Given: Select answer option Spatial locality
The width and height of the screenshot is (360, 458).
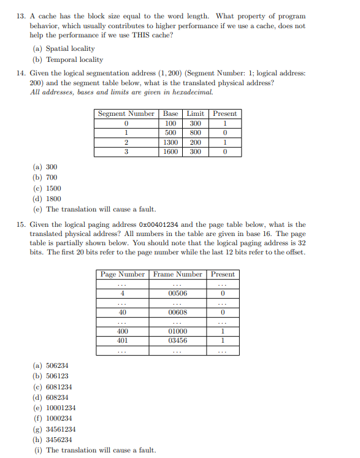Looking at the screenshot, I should click(x=71, y=48).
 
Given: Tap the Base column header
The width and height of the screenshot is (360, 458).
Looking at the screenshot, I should click(x=171, y=113).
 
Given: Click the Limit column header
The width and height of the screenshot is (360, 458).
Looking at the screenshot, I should click(x=195, y=113).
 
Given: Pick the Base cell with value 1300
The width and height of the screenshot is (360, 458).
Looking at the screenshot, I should click(x=170, y=142).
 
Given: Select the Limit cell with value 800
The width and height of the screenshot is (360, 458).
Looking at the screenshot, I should click(x=195, y=132).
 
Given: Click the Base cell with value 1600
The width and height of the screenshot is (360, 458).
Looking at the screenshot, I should click(x=170, y=151).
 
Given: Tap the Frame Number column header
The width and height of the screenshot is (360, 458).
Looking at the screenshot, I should click(x=178, y=274).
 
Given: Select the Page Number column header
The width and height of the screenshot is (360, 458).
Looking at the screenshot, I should click(x=123, y=274).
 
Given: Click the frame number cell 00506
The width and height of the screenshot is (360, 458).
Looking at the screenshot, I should click(x=178, y=294).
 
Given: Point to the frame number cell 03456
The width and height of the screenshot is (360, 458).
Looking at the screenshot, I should click(x=178, y=340).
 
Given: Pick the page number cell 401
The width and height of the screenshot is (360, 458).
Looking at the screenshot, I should click(x=123, y=340).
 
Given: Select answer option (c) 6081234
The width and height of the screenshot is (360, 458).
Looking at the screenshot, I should click(x=59, y=387).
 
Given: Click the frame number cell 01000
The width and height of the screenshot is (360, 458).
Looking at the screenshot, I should click(x=178, y=332).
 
